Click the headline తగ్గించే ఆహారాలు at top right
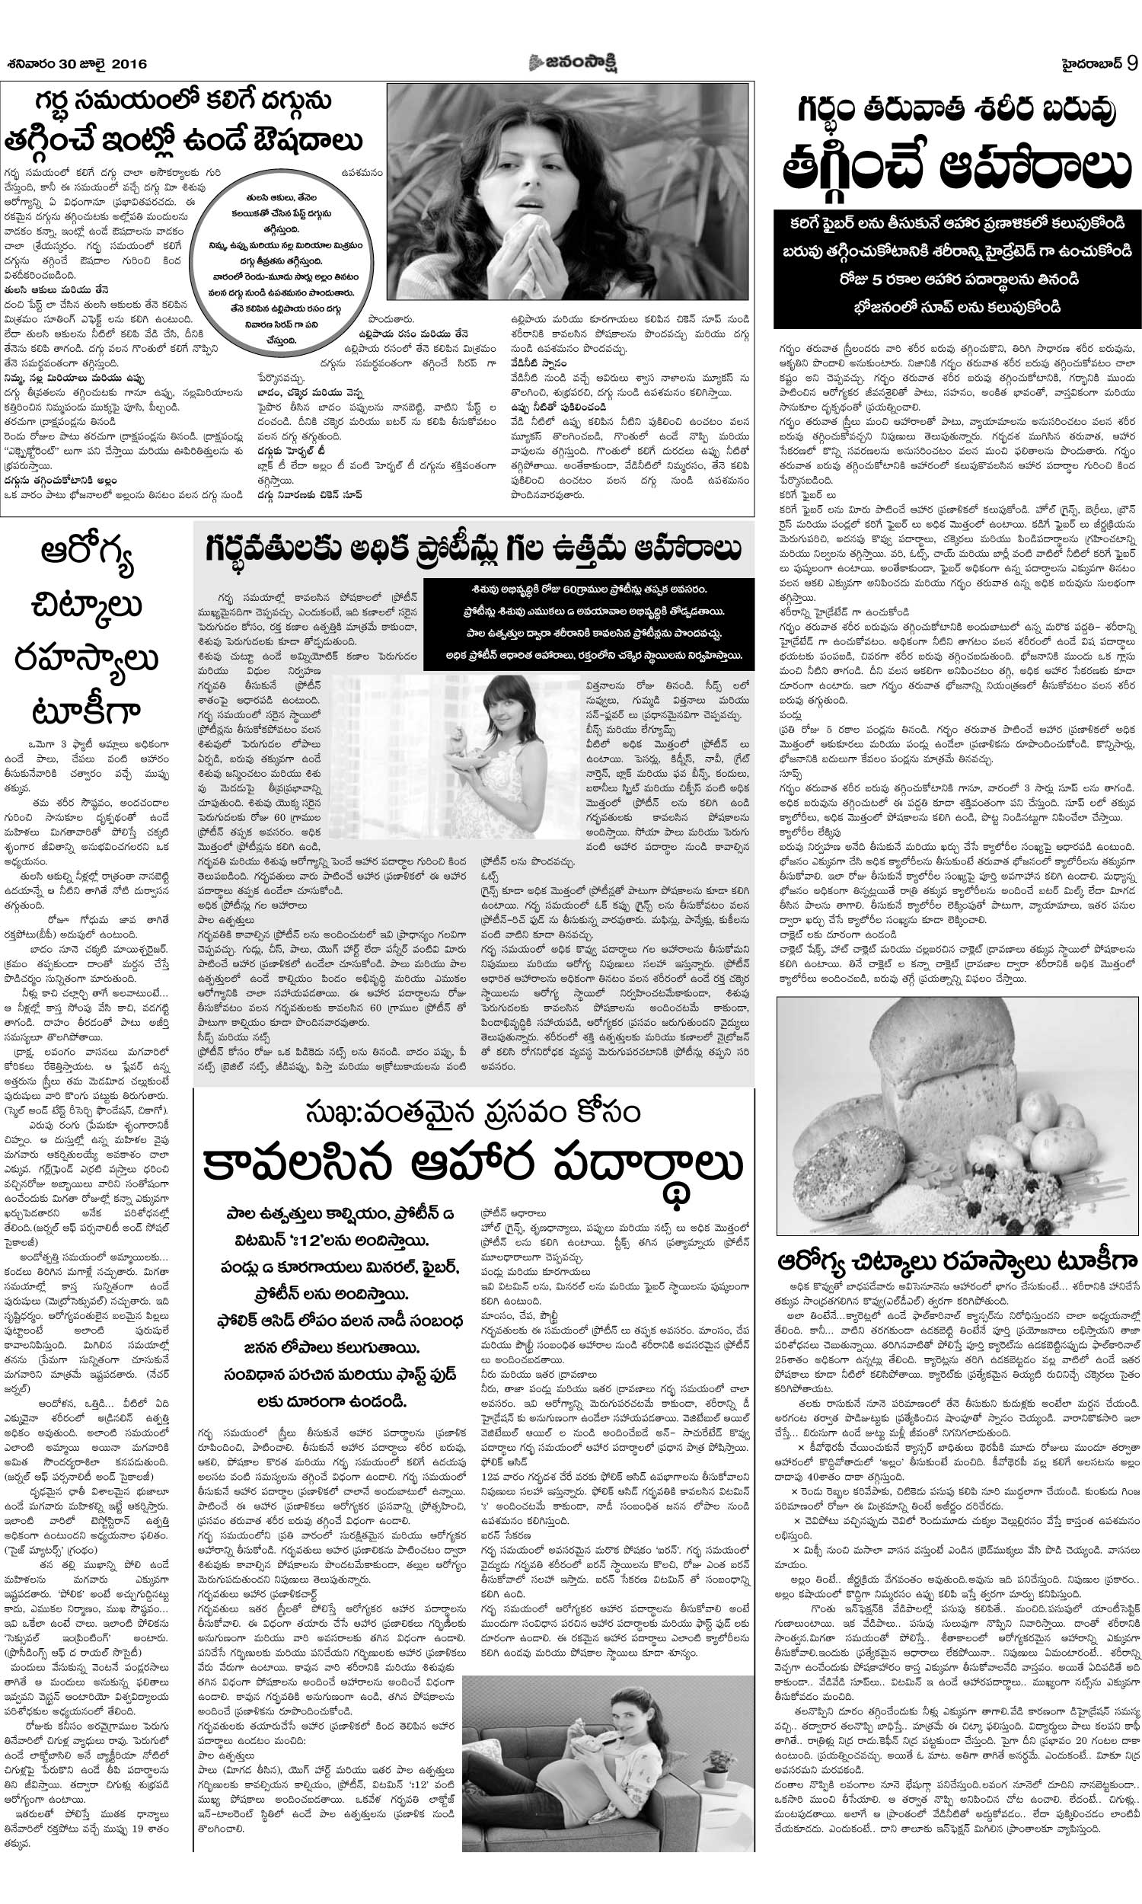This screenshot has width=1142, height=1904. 957,170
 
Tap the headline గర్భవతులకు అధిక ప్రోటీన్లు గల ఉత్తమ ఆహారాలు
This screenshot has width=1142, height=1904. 473,550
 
